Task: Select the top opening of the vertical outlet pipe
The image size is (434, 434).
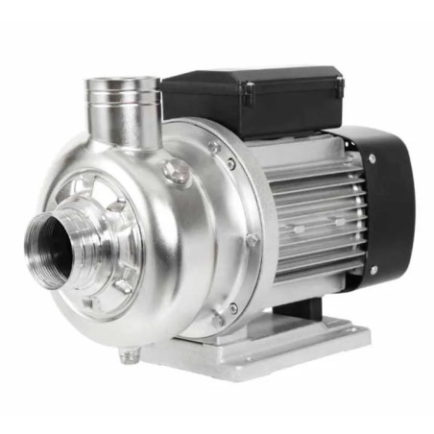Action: point(121,85)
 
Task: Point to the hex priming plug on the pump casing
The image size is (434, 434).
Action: point(176,174)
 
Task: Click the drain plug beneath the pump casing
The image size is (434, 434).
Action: point(125,354)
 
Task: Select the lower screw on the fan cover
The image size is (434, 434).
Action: point(374,270)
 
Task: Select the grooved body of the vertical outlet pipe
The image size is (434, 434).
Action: point(122,115)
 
